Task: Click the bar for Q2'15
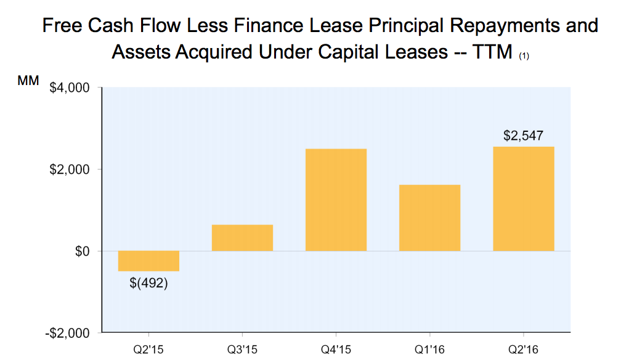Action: (x=148, y=261)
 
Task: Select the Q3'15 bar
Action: (x=242, y=238)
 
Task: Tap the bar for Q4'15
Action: (x=336, y=200)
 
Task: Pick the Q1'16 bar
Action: (x=429, y=218)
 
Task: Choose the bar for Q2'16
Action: (x=523, y=198)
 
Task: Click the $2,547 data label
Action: (x=523, y=136)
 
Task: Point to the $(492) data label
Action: (x=148, y=284)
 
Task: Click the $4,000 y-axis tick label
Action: (x=70, y=88)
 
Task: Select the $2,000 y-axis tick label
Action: (x=70, y=170)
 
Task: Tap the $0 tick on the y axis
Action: (x=81, y=252)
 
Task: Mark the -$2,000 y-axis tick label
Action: (x=68, y=333)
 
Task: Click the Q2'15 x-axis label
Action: (x=148, y=349)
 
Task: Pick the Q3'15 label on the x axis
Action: (x=242, y=349)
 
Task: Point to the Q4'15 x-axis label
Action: (x=336, y=349)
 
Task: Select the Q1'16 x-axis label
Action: (x=429, y=349)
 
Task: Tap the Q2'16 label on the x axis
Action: (x=523, y=349)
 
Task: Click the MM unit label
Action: (x=28, y=81)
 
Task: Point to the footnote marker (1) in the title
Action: (x=524, y=56)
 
